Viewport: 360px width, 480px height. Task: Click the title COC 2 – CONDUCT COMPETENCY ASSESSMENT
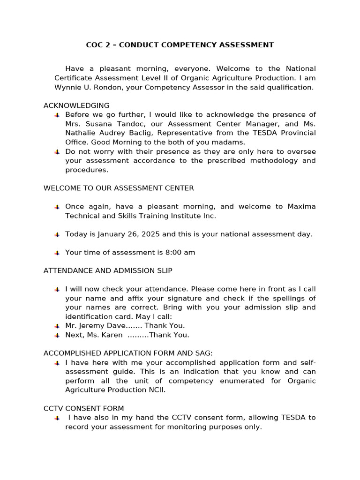(x=180, y=45)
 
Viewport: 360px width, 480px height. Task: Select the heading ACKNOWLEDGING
(x=76, y=105)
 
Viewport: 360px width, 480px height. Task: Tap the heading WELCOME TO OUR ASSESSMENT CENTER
(x=119, y=188)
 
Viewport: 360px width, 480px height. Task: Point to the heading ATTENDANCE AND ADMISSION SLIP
(x=108, y=270)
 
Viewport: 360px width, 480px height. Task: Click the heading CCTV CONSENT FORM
(x=84, y=408)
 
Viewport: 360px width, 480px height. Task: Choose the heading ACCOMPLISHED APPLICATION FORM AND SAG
(x=128, y=353)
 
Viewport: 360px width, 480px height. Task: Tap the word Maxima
(x=301, y=206)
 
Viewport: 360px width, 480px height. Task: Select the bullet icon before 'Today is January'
(x=57, y=234)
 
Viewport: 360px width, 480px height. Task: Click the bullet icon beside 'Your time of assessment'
(x=57, y=253)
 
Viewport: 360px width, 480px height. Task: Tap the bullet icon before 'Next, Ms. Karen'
(x=57, y=335)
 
